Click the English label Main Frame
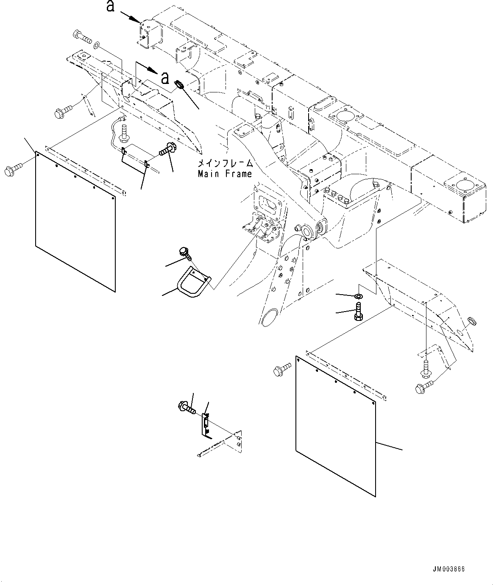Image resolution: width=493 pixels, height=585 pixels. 225,174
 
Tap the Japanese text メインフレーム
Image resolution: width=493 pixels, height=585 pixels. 226,163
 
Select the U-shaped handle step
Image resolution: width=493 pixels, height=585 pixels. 194,282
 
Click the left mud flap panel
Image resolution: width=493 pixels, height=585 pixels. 75,222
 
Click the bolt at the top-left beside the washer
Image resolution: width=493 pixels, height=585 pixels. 82,37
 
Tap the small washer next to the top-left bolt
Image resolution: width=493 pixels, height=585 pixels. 97,45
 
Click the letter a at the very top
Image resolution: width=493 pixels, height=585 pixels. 111,6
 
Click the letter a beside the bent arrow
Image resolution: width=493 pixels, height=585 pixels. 166,78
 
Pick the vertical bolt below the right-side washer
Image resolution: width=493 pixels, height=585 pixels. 359,311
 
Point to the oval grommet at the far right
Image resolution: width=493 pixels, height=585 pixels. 472,321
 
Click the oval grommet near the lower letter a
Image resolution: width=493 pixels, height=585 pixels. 179,84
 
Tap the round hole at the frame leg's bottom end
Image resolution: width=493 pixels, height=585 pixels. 268,317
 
